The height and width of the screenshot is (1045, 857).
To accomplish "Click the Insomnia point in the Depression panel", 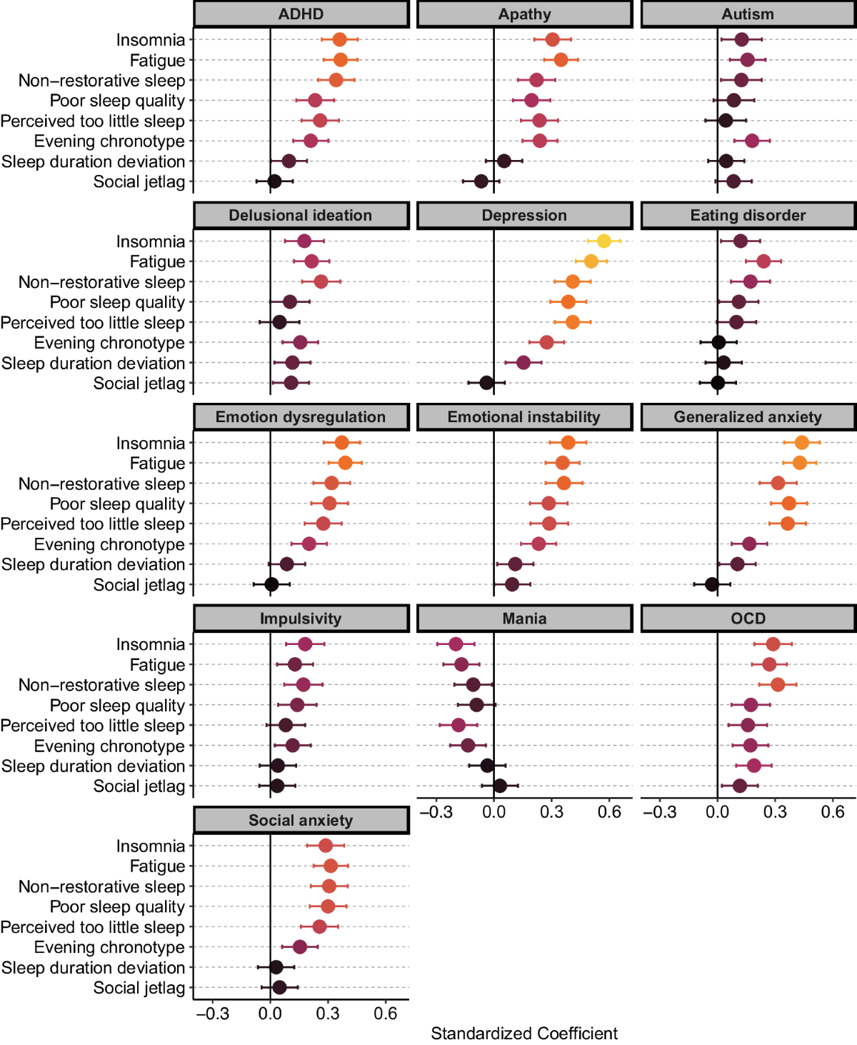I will pos(603,241).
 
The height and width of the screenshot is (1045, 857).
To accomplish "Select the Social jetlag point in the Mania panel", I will pos(500,786).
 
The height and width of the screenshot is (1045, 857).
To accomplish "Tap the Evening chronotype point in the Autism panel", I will pos(751,141).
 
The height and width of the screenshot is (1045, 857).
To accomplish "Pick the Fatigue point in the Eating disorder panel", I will pos(763,261).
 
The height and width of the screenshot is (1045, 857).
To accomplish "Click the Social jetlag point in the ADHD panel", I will pos(274,181).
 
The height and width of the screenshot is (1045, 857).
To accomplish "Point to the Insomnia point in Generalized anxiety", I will pos(801,443).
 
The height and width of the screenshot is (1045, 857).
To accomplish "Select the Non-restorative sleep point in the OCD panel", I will pos(778,685).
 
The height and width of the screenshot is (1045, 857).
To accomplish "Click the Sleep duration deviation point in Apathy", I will pos(503,161).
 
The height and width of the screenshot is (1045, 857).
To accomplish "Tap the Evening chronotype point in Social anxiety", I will pos(300,947).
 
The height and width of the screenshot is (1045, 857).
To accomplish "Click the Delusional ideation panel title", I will pos(301,216).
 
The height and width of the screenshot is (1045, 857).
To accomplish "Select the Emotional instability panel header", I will pos(524,417).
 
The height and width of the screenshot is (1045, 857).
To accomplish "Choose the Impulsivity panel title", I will pos(301,619).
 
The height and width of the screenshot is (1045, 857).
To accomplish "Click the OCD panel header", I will pos(748,619).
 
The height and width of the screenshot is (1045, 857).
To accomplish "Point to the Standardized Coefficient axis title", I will pos(524,1034).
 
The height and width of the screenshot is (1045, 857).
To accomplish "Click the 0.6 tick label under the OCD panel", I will pos(833,812).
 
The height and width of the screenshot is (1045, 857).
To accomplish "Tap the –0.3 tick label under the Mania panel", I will pos(436,812).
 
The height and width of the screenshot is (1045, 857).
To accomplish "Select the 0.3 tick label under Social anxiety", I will pos(328,1014).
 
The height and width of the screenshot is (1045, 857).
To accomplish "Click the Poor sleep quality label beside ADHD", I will pos(117,101).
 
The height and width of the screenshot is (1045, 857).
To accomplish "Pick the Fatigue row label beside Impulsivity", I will pos(157,665).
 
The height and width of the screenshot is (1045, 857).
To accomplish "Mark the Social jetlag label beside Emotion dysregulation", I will pos(139,585).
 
